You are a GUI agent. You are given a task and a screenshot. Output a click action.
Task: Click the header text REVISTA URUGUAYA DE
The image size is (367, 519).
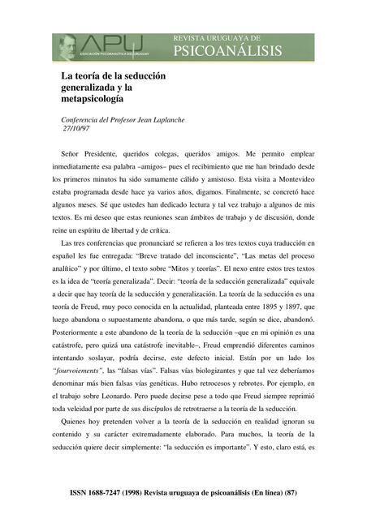point(217,37)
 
